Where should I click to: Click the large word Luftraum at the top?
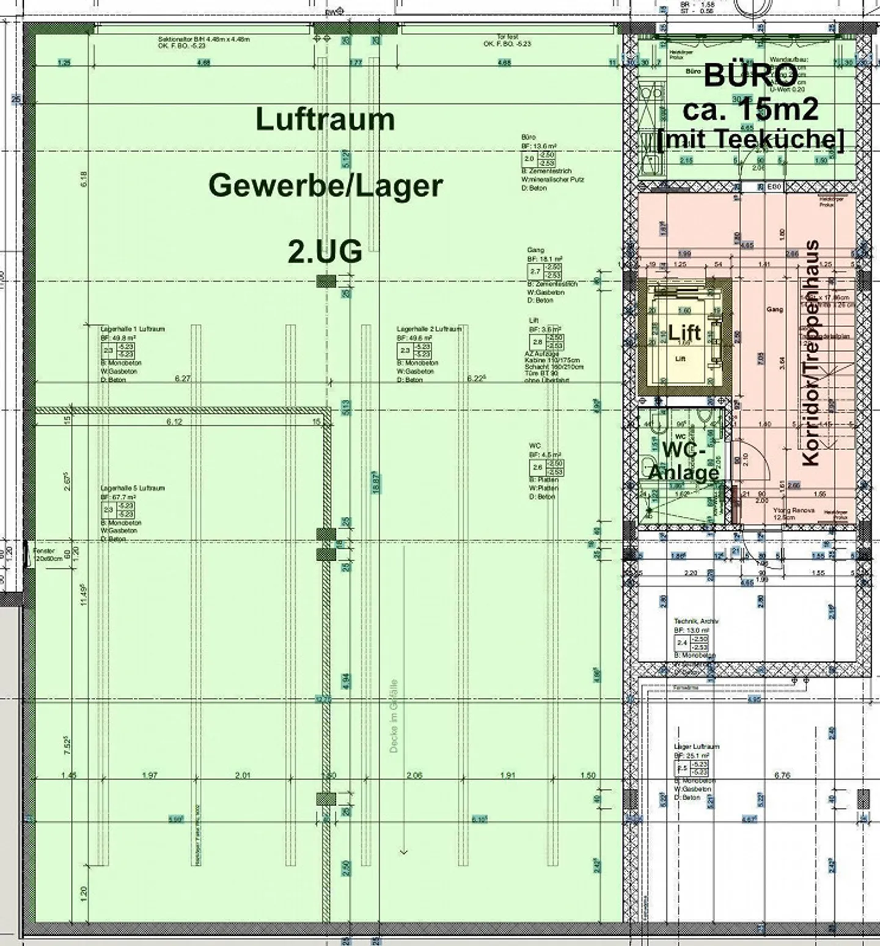click(x=325, y=120)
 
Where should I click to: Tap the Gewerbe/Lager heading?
click(x=325, y=186)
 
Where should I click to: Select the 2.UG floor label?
click(x=325, y=251)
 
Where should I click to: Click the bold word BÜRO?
click(x=750, y=76)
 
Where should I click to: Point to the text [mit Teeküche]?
click(x=750, y=139)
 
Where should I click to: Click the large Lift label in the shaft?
click(x=684, y=333)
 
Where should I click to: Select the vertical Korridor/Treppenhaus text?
click(x=811, y=353)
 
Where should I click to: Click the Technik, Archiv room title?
click(x=696, y=620)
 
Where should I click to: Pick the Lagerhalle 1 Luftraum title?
click(x=133, y=329)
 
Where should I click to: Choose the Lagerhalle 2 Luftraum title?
click(x=429, y=329)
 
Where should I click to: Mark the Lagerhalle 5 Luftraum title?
click(x=133, y=488)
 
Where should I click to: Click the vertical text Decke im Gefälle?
click(x=394, y=716)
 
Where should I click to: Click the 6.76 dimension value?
click(x=782, y=776)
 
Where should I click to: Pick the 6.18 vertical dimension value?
click(x=84, y=178)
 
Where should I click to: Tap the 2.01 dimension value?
click(x=243, y=776)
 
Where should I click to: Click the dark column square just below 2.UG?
click(x=326, y=281)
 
